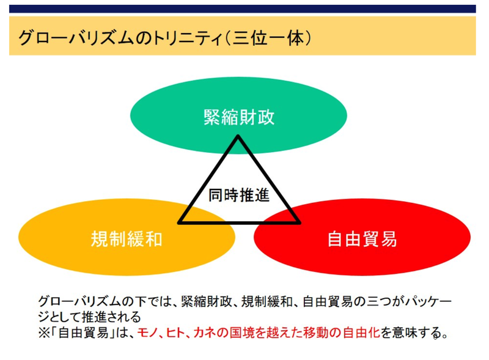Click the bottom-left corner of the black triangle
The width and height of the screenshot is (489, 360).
click(x=179, y=222)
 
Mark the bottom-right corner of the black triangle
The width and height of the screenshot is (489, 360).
click(x=300, y=222)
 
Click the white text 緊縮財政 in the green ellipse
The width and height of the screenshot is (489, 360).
click(x=239, y=116)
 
